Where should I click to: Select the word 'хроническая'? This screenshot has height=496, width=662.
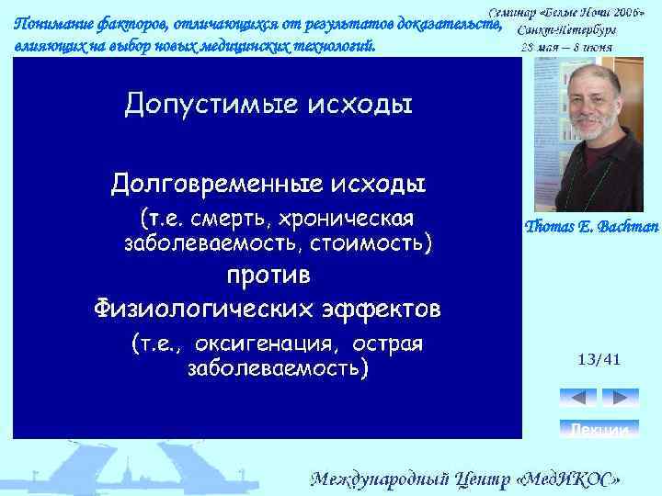[348, 219]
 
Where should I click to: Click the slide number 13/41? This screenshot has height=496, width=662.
[599, 359]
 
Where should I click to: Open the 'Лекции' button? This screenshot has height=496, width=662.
[599, 429]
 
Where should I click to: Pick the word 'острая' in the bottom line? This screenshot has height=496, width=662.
[393, 344]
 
